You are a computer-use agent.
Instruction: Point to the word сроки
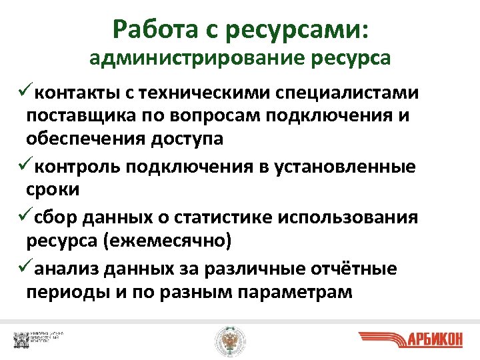(x=53, y=190)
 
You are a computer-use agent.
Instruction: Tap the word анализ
(x=67, y=269)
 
